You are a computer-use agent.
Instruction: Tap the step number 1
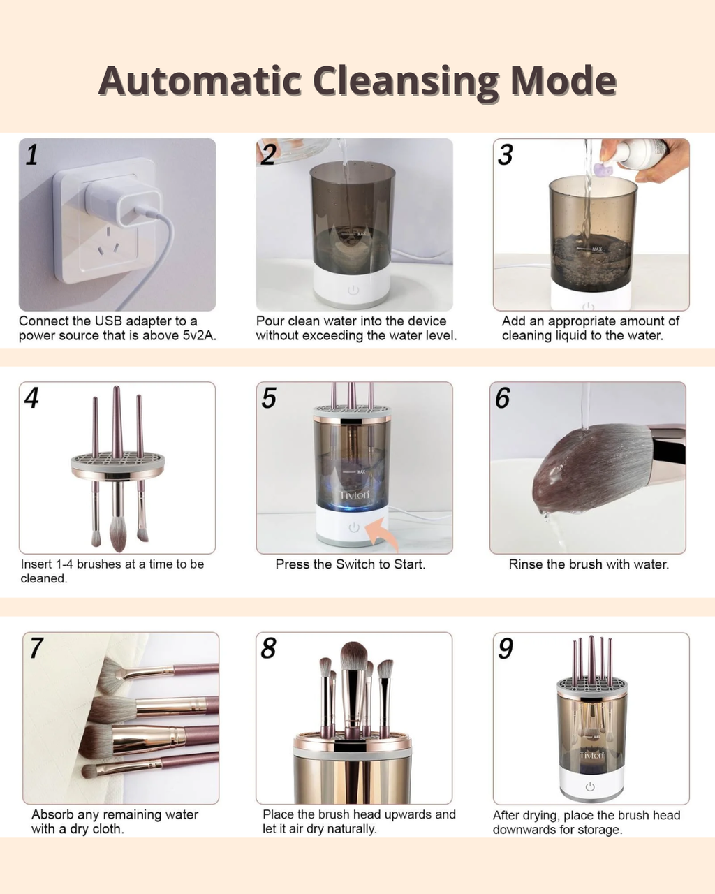pos(31,154)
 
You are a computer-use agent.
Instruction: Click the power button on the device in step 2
pos(353,290)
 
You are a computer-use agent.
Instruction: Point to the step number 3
pos(506,154)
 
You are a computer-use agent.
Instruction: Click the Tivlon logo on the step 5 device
pos(354,495)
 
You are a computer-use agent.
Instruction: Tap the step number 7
pos(36,648)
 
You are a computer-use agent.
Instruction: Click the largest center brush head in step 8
pos(354,657)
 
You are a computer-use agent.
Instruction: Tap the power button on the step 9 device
pos(590,786)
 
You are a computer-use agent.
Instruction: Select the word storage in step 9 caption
pos(598,830)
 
